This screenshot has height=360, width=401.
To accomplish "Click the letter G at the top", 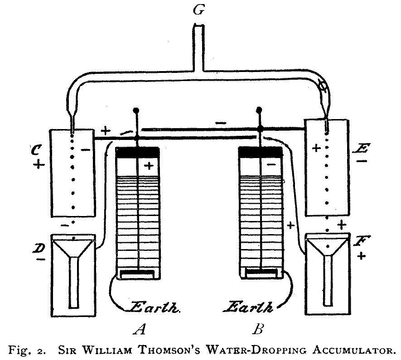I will (198, 10).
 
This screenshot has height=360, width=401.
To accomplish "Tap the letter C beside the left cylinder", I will (39, 150).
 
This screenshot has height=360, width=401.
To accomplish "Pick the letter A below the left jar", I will (139, 329).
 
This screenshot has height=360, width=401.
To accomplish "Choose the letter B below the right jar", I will (258, 329).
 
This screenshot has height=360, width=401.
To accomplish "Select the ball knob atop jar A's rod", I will (135, 110).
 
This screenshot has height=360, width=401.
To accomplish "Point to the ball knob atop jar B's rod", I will (259, 110).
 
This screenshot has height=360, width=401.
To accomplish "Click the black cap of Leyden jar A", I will (137, 153).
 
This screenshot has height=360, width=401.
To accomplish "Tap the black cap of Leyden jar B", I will (260, 153).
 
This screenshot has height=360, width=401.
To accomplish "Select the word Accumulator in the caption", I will (351, 350).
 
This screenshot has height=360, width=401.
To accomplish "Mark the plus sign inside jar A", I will (149, 166).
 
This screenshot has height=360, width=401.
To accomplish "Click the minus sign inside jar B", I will (271, 165).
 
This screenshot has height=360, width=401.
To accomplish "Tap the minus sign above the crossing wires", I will (221, 122).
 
